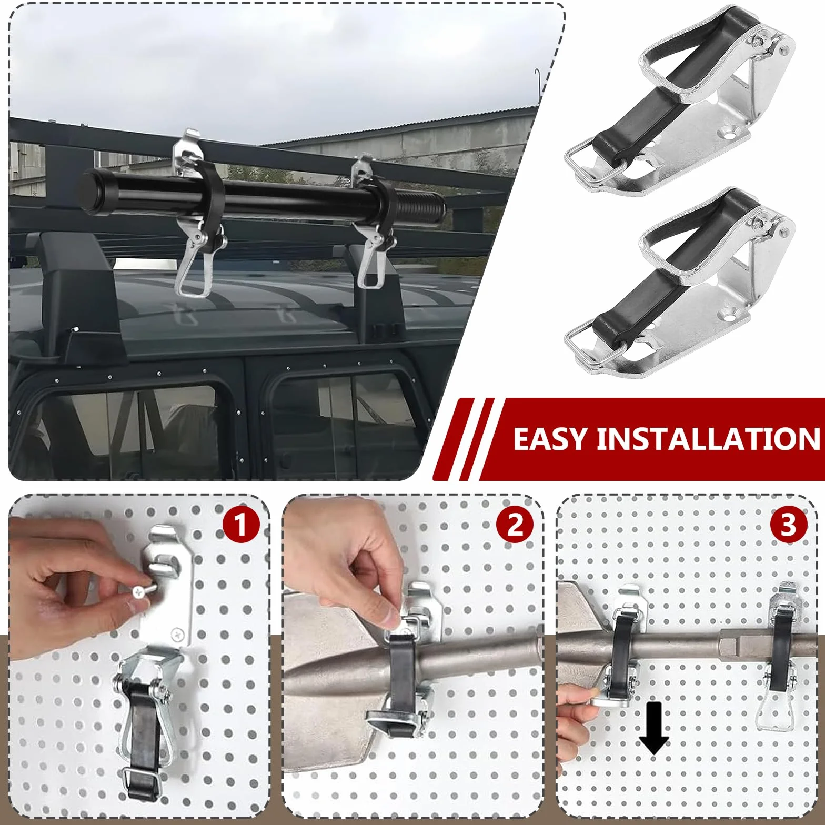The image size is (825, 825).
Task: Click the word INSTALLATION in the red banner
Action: (x=708, y=439)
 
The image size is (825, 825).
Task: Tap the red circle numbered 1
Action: (x=241, y=525)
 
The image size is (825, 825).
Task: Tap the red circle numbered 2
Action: (x=515, y=525)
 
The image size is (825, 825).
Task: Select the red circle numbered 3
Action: (x=788, y=525)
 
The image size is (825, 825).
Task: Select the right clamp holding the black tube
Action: (x=374, y=221)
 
